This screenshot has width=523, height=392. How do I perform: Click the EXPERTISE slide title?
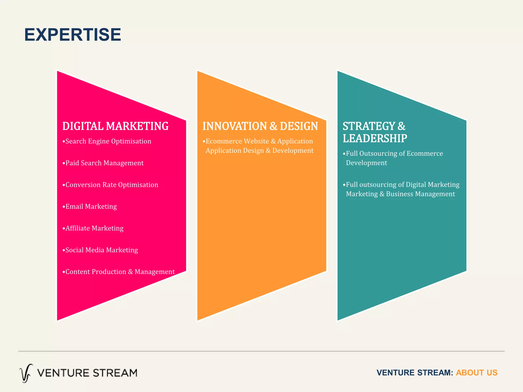(x=73, y=35)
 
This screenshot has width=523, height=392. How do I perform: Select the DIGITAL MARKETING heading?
(x=115, y=126)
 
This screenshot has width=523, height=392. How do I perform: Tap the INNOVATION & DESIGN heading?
(x=260, y=126)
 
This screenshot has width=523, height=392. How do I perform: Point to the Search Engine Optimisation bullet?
(x=107, y=141)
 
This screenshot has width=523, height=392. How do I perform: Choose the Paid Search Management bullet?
(x=103, y=163)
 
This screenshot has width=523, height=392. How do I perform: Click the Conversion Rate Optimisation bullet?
(x=111, y=185)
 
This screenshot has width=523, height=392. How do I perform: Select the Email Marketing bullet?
(x=90, y=206)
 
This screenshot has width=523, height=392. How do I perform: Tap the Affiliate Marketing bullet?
(x=93, y=228)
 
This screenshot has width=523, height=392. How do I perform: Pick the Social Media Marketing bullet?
(x=101, y=250)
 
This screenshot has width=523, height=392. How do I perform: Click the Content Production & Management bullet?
(x=119, y=272)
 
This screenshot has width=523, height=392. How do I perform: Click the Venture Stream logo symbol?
(x=26, y=373)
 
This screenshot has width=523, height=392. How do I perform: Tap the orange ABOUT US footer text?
(x=477, y=373)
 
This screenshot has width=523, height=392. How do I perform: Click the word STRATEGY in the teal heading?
(x=369, y=126)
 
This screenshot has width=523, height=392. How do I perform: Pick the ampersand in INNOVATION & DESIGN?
(x=273, y=126)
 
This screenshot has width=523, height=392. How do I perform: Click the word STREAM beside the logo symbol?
(x=115, y=373)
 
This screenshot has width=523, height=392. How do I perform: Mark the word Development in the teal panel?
(x=366, y=163)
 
